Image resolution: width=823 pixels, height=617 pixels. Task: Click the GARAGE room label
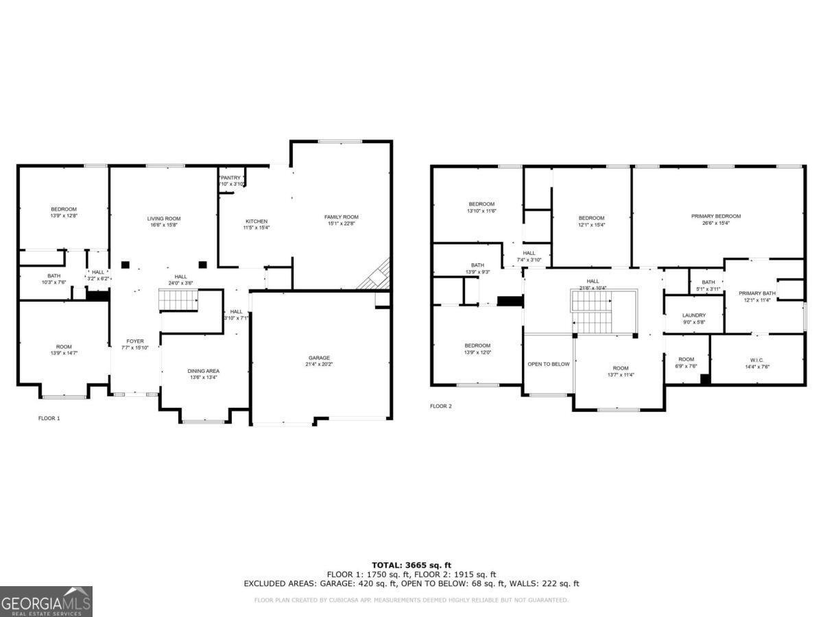(319, 358)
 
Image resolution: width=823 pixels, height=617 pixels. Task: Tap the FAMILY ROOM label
(341, 217)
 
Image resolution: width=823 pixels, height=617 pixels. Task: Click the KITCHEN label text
(257, 221)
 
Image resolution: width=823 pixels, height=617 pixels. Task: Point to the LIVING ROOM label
(164, 219)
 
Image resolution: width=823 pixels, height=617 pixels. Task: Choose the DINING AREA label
(203, 371)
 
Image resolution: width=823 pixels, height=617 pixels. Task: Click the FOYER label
(135, 341)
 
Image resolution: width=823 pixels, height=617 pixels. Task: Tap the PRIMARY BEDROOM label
(715, 216)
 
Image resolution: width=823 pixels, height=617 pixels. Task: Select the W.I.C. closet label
(756, 359)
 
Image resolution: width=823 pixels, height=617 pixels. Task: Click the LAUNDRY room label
(693, 315)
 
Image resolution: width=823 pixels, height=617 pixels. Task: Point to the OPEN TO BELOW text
(548, 364)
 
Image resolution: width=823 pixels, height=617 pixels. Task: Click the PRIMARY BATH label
(757, 293)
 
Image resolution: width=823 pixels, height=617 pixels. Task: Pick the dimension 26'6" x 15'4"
(715, 223)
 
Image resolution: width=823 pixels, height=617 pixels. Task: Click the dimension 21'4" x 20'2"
(319, 365)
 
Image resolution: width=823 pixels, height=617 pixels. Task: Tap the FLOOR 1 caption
(49, 418)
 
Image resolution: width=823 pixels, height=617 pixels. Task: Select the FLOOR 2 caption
(441, 406)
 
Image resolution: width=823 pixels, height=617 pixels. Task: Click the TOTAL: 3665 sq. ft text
(411, 565)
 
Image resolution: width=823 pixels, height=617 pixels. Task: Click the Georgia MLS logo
(46, 601)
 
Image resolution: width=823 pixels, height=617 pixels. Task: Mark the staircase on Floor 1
(178, 300)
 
